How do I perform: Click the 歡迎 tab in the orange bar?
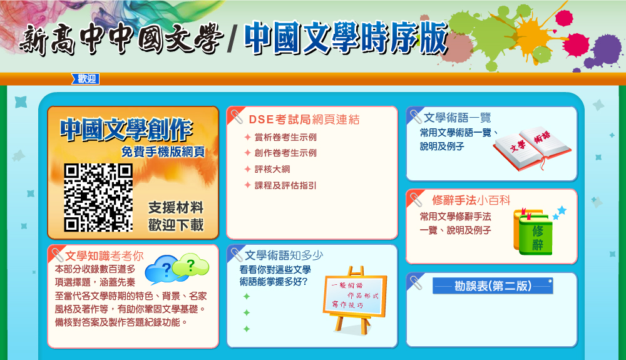85,79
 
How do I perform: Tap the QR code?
98,198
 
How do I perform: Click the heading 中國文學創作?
126,130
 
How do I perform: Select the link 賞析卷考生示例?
285,137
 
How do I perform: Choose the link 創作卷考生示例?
285,153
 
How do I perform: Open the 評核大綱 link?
272,169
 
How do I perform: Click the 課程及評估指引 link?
285,185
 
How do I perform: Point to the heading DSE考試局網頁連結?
304,120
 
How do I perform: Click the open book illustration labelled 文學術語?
532,148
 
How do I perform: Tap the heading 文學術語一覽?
458,117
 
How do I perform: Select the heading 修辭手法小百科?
471,200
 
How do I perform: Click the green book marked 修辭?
534,232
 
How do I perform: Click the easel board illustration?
354,299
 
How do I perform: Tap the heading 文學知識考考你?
104,256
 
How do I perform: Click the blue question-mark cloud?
162,270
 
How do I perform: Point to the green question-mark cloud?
191,265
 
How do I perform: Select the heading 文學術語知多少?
284,255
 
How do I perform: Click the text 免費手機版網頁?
163,152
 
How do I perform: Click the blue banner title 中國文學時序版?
346,38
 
